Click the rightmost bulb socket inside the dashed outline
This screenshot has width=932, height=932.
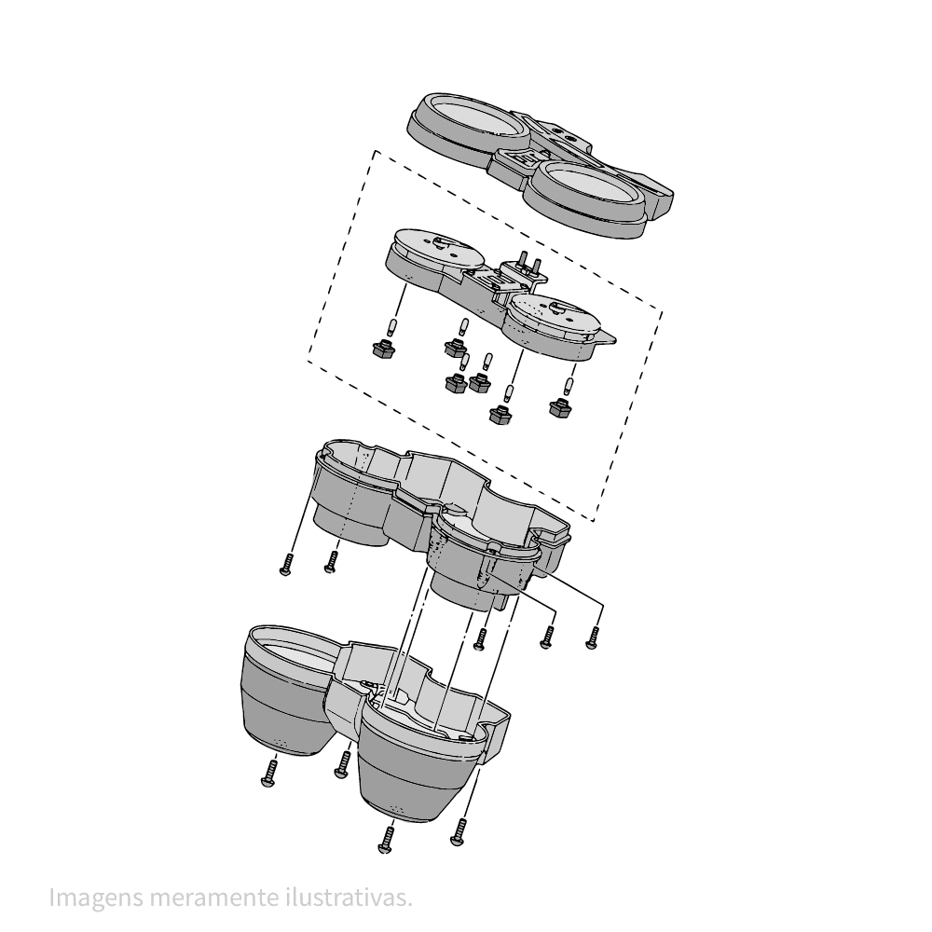[x=559, y=407]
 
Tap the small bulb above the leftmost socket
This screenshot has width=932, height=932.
[x=391, y=326]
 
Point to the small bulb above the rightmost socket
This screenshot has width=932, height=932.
[x=569, y=386]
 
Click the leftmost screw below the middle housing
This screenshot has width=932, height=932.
[x=286, y=564]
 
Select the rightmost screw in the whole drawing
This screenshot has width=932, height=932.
[x=593, y=637]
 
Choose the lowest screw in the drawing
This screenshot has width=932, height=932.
[x=387, y=840]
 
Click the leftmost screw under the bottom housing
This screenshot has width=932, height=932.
[x=270, y=774]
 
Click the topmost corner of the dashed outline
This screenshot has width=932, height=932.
[x=375, y=150]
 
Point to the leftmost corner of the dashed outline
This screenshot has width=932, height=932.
[x=308, y=360]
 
